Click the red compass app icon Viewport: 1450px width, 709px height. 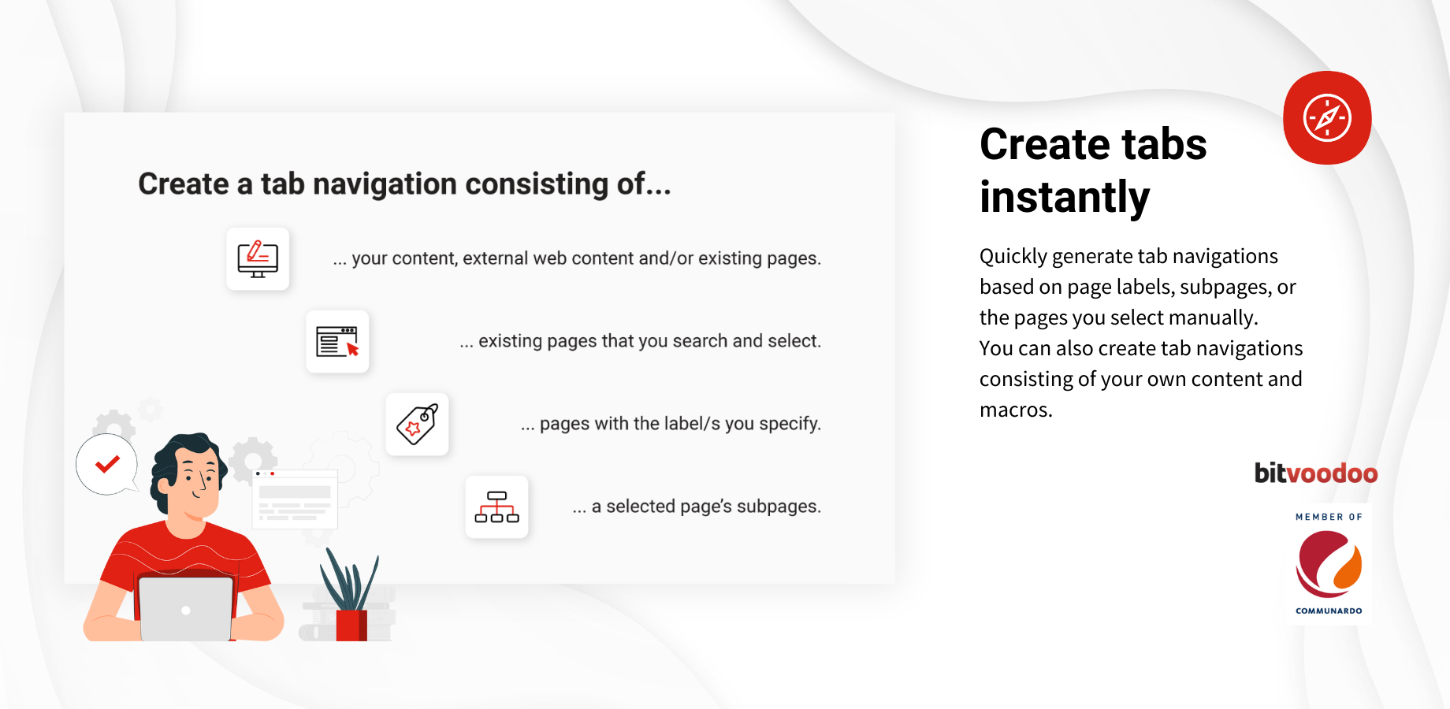pos(1327,117)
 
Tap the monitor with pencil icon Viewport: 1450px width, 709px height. pos(258,259)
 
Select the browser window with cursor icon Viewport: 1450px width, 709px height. pos(337,342)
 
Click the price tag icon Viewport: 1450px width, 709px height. pos(417,425)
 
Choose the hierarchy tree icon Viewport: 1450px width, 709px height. pos(496,507)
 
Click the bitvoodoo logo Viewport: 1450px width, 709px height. pos(1316,473)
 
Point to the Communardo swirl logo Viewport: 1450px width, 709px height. pos(1329,564)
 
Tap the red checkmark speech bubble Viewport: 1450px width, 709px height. pos(107,465)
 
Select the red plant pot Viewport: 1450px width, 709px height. pos(351,625)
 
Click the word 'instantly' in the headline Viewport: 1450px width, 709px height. pos(1065,197)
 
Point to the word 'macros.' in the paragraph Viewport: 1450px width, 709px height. pos(1016,410)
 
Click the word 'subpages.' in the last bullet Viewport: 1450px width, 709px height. pos(779,507)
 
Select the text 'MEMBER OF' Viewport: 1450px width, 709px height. pos(1329,517)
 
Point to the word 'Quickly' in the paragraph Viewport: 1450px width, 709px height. pos(1013,257)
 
